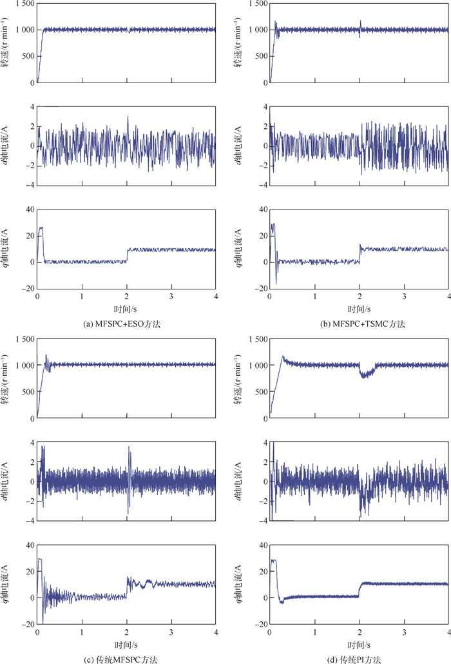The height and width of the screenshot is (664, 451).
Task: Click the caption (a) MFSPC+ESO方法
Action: pyautogui.click(x=126, y=323)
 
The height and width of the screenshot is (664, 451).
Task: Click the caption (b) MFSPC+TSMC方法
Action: pyautogui.click(x=360, y=323)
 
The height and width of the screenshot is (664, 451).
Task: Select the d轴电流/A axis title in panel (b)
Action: pyautogui.click(x=240, y=146)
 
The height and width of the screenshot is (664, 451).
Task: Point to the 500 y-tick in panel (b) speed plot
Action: pyautogui.click(x=260, y=56)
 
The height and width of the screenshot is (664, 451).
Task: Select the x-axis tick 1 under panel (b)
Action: pyautogui.click(x=314, y=296)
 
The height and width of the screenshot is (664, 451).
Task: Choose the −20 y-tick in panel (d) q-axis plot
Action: pyautogui.click(x=260, y=624)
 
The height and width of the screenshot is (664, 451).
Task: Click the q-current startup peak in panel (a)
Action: pyautogui.click(x=41, y=228)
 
